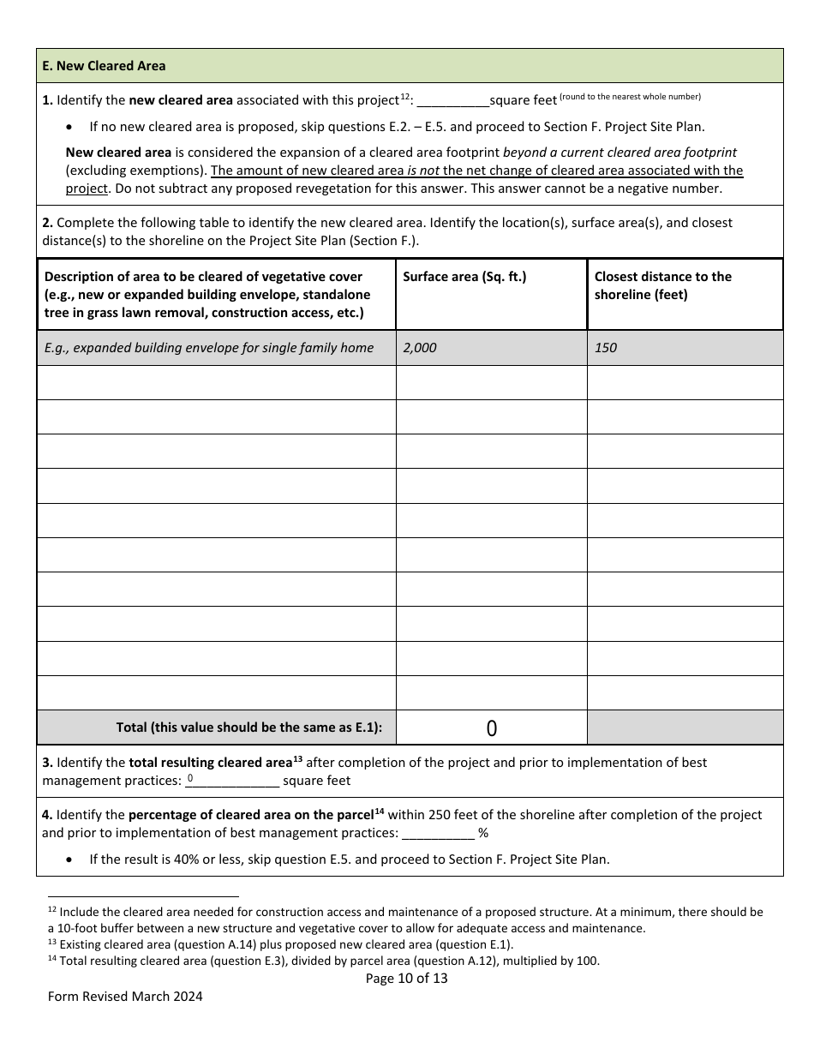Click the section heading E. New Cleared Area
pyautogui.click(x=104, y=66)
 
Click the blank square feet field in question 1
pyautogui.click(x=452, y=100)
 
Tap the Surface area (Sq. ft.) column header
pyautogui.click(x=464, y=277)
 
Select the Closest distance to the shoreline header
pyautogui.click(x=662, y=285)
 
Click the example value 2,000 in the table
pyautogui.click(x=419, y=348)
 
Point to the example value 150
pyautogui.click(x=605, y=348)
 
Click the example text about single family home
pyautogui.click(x=209, y=348)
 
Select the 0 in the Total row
pyautogui.click(x=491, y=728)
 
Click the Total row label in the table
pyautogui.click(x=249, y=728)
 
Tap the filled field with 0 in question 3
pyautogui.click(x=231, y=780)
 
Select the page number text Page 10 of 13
pyautogui.click(x=406, y=978)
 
